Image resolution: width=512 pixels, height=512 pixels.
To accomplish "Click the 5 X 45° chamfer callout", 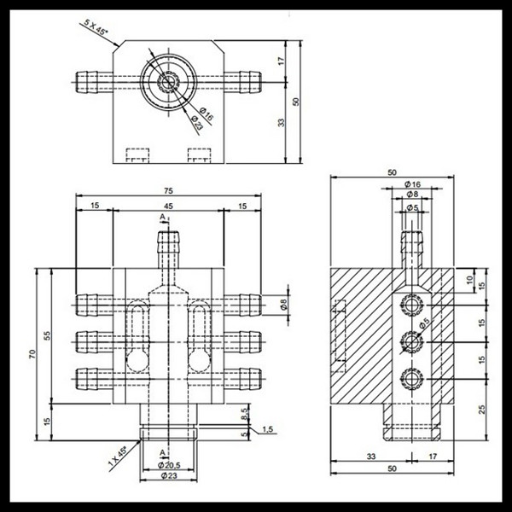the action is [96, 27].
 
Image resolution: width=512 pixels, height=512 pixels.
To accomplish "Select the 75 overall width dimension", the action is [168, 190].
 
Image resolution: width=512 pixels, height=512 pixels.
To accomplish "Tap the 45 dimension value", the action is [168, 206].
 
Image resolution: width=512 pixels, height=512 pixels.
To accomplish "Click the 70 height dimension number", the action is [32, 354].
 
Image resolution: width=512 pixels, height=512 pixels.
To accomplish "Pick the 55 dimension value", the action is [48, 335].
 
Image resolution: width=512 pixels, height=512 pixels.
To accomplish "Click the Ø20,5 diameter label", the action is [169, 465].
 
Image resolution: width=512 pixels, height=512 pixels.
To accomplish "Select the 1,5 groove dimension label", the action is [267, 429].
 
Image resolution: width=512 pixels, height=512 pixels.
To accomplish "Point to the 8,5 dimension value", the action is [245, 414].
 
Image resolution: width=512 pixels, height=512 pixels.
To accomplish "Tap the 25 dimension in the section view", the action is [482, 409].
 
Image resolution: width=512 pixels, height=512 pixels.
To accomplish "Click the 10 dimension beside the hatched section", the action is [469, 280].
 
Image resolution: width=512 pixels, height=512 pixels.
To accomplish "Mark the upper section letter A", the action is [162, 217].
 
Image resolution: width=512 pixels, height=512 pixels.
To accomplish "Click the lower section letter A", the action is [162, 452].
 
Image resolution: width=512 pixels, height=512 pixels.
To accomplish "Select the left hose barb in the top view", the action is [87, 82].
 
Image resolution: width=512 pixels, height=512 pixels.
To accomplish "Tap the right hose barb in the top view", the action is [250, 82].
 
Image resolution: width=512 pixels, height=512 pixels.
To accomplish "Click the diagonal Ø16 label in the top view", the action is [207, 113].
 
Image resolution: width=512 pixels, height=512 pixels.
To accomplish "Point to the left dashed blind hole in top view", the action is [137, 155].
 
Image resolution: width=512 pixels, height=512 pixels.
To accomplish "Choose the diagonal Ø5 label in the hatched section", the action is [424, 323].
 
